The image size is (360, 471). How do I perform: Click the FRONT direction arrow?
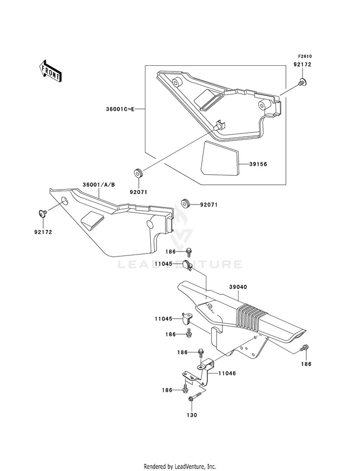pyautogui.click(x=50, y=71)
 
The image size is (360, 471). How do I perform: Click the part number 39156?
pyautogui.click(x=258, y=164)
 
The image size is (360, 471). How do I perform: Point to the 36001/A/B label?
pyautogui.click(x=98, y=185)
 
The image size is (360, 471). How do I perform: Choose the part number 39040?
pyautogui.click(x=238, y=287)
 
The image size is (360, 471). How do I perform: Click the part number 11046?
pyautogui.click(x=227, y=374)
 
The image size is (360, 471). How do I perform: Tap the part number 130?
pyautogui.click(x=192, y=415)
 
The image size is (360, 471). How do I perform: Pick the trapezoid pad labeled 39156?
pyautogui.click(x=221, y=158)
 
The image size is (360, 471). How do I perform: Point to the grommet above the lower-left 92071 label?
pyautogui.click(x=138, y=173)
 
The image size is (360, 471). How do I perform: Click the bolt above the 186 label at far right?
pyautogui.click(x=305, y=348)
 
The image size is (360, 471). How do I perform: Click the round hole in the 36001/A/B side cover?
pyautogui.click(x=64, y=200)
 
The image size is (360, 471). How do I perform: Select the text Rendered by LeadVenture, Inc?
pyautogui.click(x=180, y=466)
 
